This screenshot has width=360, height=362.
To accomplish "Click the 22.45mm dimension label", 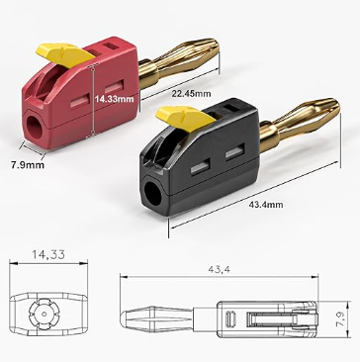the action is pos(191,93).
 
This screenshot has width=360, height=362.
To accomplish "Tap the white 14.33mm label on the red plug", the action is pos(115,99).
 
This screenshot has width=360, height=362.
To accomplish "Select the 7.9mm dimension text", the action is pos(28,165).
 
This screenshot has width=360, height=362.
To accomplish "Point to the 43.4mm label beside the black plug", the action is pos(266,205).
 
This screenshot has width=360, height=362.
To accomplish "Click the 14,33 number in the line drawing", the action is pos(48,254).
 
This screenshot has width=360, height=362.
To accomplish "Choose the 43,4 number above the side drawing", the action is pos(219,269).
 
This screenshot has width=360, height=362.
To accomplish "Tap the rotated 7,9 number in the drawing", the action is pos(342,319).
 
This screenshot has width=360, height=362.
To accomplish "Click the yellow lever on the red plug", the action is pos(64,54).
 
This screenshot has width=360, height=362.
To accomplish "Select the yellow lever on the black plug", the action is pos(185,117).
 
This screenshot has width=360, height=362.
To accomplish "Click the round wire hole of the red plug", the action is pos(35,127).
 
